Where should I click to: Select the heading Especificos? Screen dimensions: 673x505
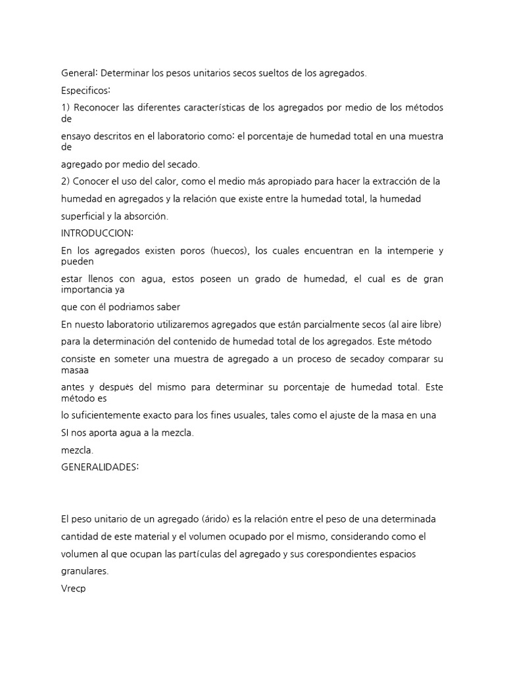(x=86, y=89)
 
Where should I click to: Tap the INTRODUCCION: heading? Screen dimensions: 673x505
(x=97, y=233)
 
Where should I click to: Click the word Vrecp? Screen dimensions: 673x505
(x=73, y=589)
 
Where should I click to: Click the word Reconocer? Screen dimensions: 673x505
(x=97, y=108)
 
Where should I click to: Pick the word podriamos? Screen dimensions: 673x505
(x=137, y=307)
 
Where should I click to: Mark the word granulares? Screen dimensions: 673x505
(x=84, y=571)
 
